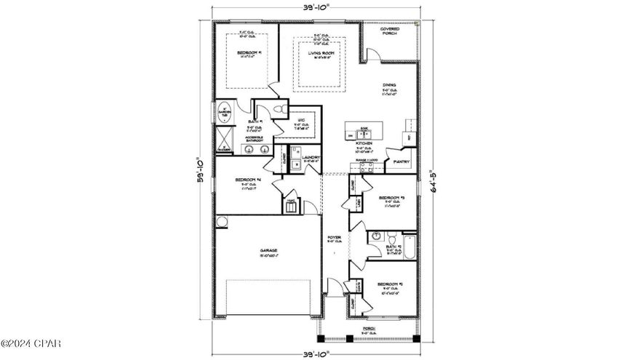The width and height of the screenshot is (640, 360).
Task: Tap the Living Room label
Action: (318, 53)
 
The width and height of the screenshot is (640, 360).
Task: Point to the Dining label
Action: (390, 85)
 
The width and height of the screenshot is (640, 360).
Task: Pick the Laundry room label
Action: (312, 157)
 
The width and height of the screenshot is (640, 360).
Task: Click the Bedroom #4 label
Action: (248, 180)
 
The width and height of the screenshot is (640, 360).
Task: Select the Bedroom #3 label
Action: (391, 198)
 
